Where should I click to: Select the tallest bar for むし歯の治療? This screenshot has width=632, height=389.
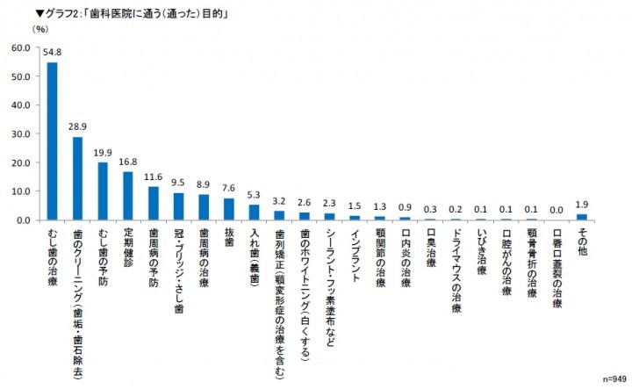(53, 140)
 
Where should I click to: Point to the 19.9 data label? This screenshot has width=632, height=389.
(103, 153)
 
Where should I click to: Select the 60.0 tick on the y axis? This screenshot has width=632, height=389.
(22, 47)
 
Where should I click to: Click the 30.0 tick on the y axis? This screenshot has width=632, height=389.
(22, 133)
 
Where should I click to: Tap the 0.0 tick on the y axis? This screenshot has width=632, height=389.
(24, 220)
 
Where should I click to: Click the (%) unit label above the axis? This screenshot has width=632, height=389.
(40, 29)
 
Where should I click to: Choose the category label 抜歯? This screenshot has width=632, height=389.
(229, 237)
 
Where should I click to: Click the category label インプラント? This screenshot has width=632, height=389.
(355, 254)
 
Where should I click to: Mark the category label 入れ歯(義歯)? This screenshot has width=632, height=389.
(255, 255)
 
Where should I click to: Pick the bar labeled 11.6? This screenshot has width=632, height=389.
(154, 203)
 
